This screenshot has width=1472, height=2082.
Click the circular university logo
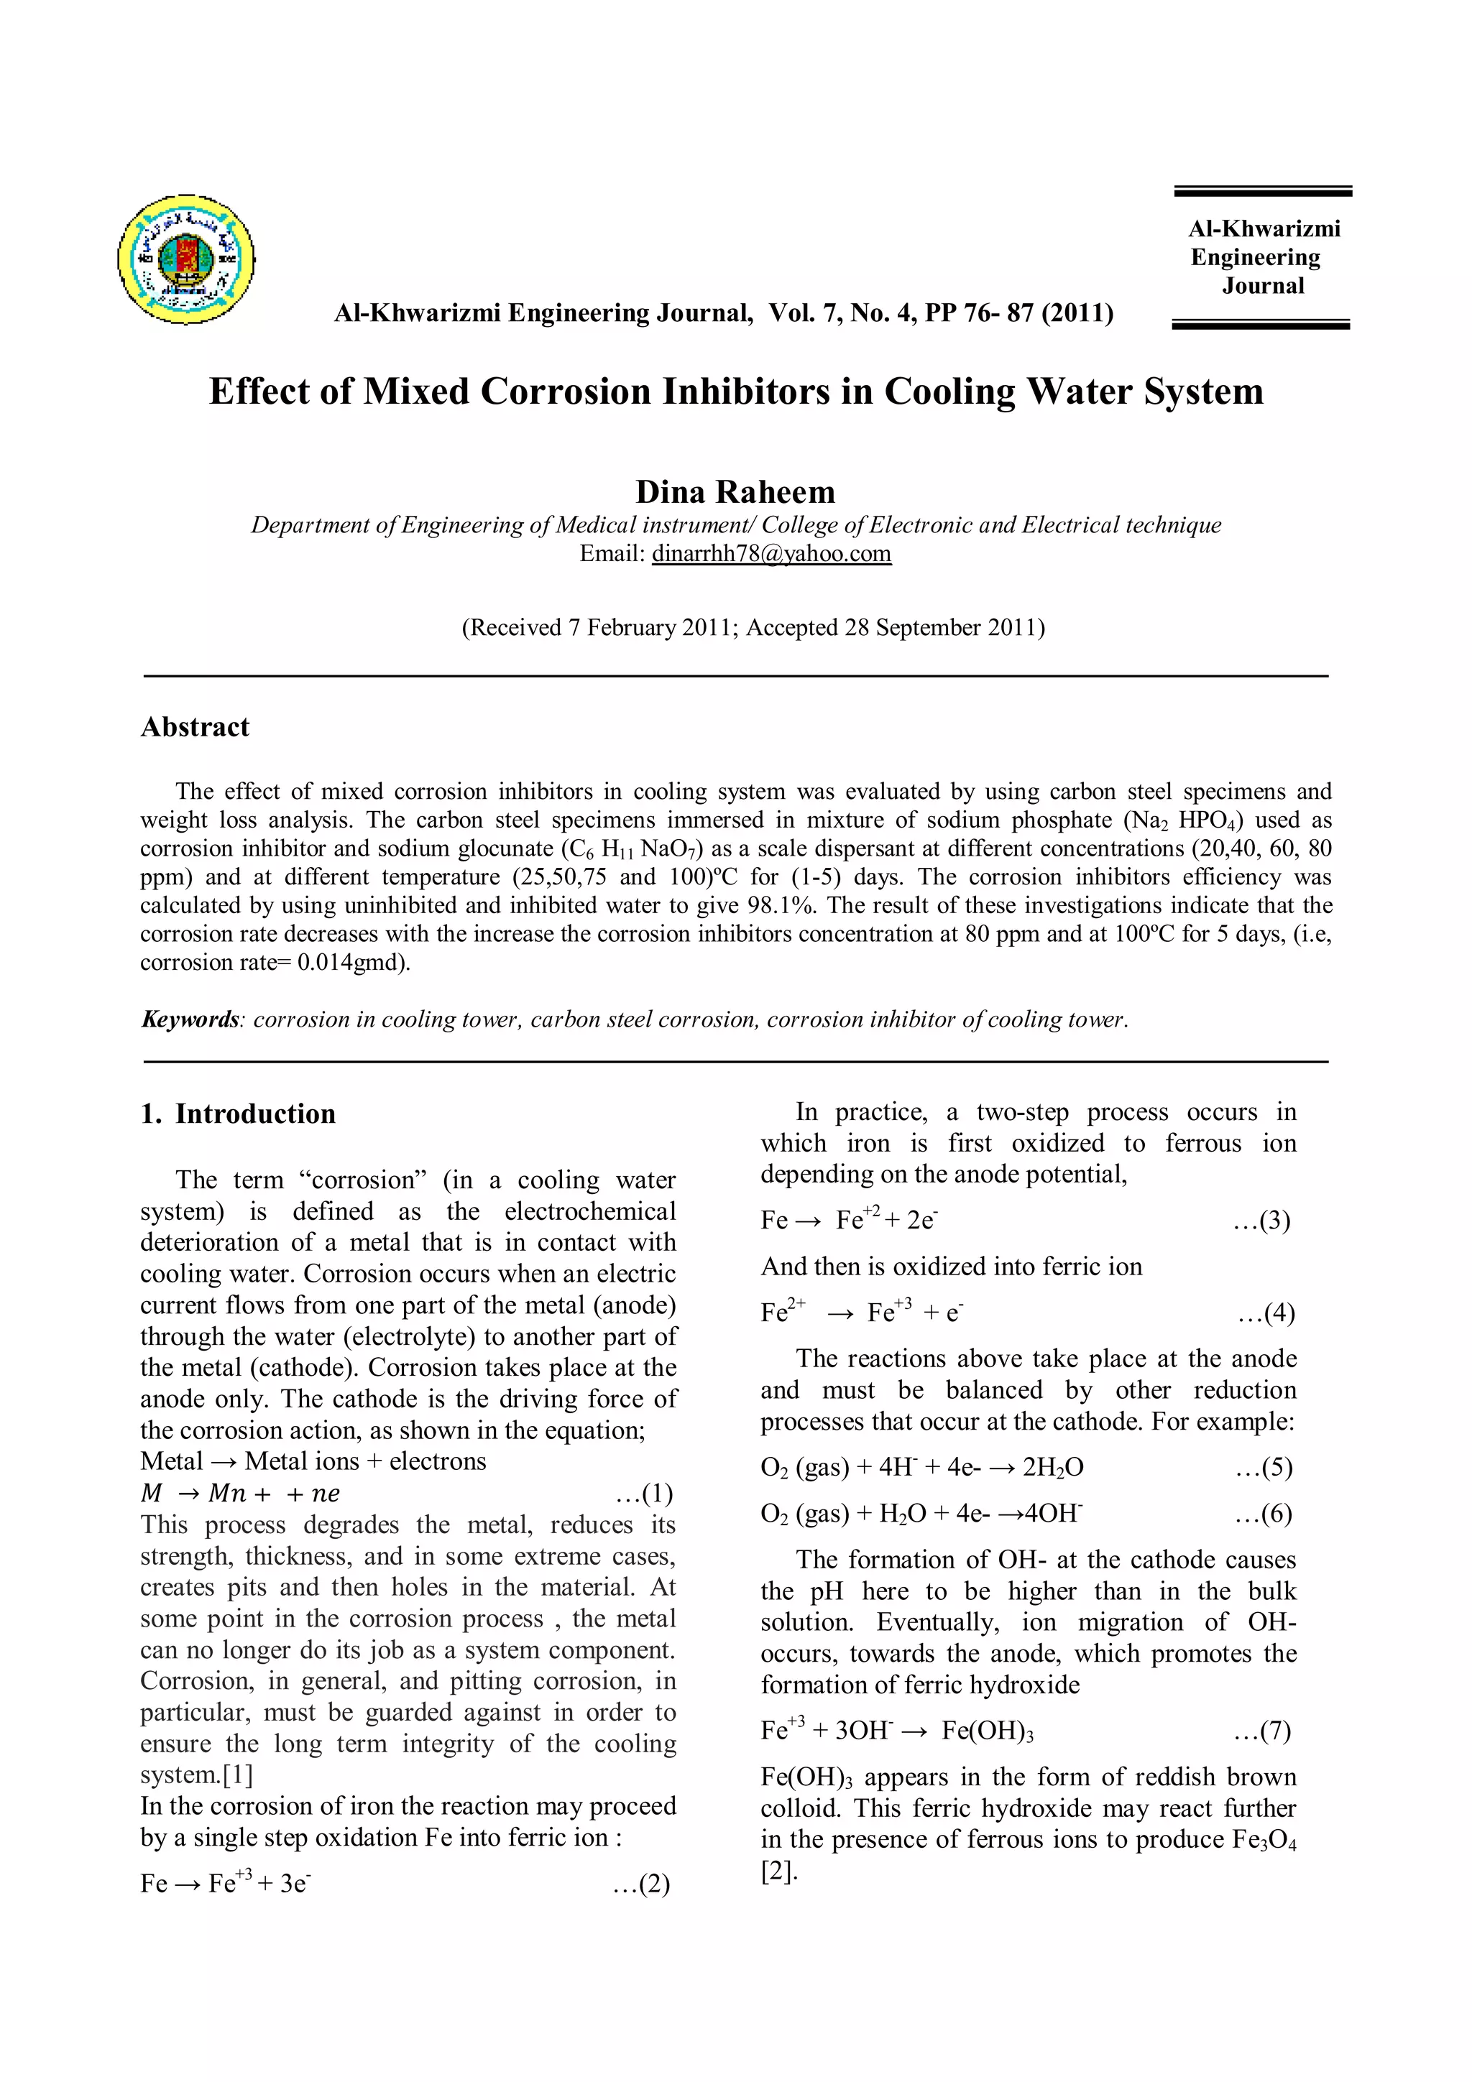(186, 259)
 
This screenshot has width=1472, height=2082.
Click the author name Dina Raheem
(735, 491)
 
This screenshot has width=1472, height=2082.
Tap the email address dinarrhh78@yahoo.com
(771, 553)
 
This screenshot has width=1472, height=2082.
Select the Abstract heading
(195, 726)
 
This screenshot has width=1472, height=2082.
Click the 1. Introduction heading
(238, 1114)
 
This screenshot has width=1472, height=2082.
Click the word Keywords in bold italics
(190, 1019)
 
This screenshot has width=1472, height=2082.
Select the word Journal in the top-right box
(1263, 286)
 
